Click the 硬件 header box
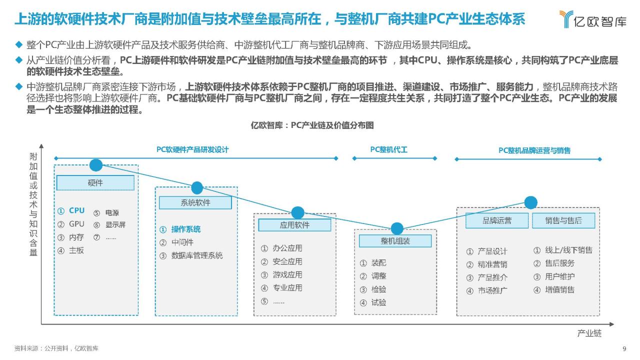[95, 183]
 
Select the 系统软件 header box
[195, 203]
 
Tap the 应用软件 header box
[294, 225]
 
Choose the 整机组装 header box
[395, 241]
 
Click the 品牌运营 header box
[497, 220]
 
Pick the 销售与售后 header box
[563, 220]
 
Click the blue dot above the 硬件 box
[96, 165]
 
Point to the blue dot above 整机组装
[397, 228]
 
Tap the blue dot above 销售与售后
[531, 202]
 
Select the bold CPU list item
[77, 210]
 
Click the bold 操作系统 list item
[186, 229]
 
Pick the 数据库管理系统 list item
[197, 255]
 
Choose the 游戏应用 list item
[287, 275]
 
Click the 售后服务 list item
[559, 263]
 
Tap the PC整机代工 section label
[388, 149]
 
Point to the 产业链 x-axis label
[589, 333]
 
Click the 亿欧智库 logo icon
[566, 19]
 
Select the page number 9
[624, 348]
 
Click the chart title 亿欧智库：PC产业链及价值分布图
[312, 125]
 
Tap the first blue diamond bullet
[19, 44]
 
